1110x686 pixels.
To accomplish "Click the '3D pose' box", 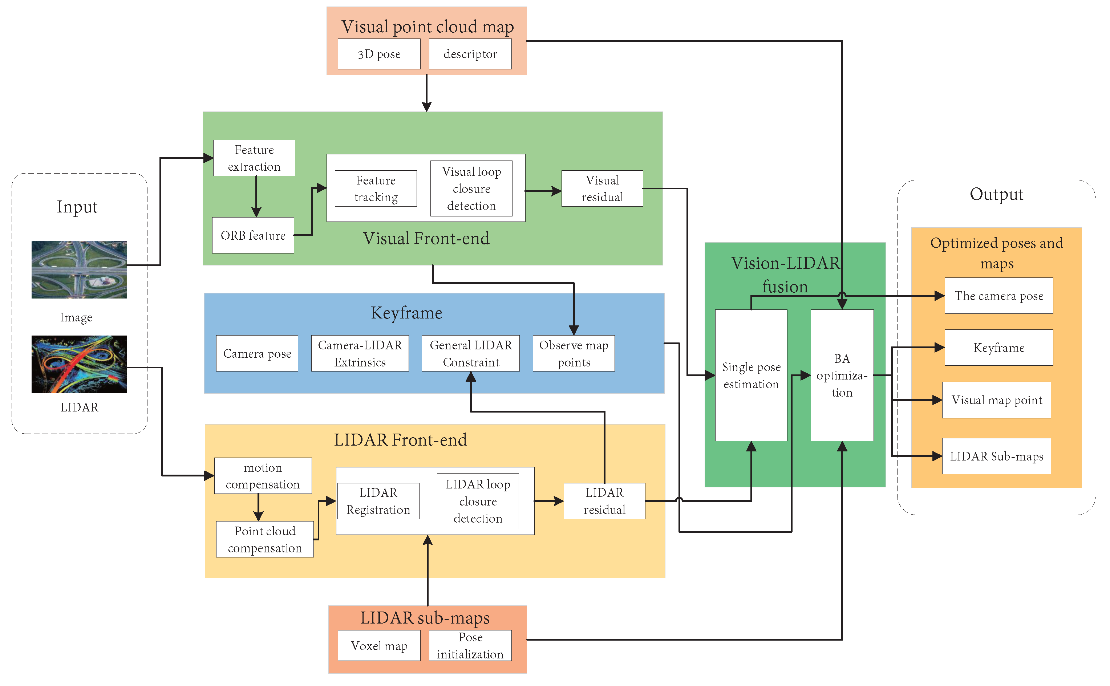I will (x=379, y=54).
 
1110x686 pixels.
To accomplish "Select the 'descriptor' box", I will (x=470, y=54).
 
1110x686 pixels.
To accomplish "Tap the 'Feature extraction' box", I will (x=254, y=158).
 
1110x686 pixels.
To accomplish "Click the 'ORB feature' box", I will (x=253, y=235).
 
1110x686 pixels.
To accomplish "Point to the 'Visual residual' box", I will (x=602, y=188).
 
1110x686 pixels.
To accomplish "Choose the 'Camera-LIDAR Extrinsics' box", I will (x=360, y=353).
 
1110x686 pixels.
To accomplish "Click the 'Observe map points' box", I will (x=574, y=353).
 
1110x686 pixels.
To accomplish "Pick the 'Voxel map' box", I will (x=379, y=646).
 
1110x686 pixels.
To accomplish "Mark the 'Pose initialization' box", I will (x=470, y=646).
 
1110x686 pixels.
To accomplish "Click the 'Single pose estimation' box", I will (x=751, y=375).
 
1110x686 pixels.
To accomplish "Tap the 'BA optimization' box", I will (x=842, y=375).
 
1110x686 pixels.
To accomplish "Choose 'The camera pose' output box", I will (x=998, y=296).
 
